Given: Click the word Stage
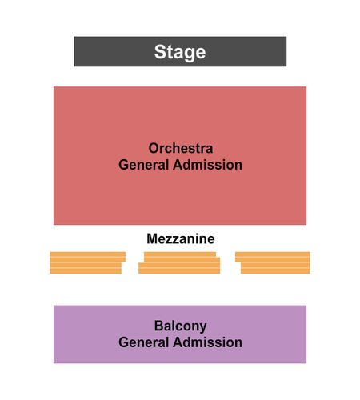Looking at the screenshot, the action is coord(180,52).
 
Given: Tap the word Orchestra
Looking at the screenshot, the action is coord(181,148).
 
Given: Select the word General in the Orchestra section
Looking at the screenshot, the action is coord(143,165).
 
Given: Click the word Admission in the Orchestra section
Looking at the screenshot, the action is coord(207,165).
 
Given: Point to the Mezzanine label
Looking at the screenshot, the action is coord(181,238).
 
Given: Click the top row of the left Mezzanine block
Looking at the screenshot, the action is coord(88,254).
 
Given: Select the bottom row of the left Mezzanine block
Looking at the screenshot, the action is coord(86,270).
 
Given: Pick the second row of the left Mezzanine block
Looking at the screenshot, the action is coord(88,260).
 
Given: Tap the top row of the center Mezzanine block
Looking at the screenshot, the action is coord(180,254).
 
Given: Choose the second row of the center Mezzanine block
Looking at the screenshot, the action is coord(182,260).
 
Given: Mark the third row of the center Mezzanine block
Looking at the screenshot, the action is coord(179,266).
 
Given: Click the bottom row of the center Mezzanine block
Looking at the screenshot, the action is coord(179,270).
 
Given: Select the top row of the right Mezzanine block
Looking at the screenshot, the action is coord(273,254).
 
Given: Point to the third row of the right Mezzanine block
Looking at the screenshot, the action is coord(275,266).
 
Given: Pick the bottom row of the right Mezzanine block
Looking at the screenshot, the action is coord(275,270).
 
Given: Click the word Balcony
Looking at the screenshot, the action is coord(181,326).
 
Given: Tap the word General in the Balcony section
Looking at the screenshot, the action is coord(143,342).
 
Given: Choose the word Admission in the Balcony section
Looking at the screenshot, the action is coord(207,342).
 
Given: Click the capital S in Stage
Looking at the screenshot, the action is coord(160,52).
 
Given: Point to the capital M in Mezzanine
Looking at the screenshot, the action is coord(152,238).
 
